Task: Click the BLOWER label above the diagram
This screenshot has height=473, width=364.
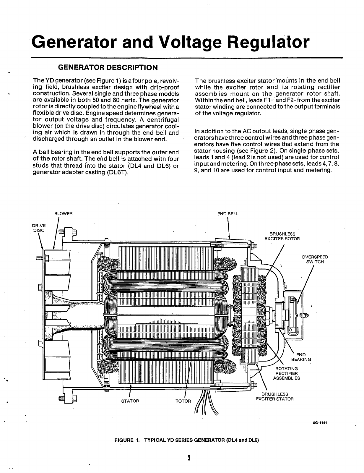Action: coord(63,213)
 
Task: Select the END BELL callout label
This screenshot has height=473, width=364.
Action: coord(228,213)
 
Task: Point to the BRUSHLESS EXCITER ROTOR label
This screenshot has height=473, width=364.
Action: coord(282,236)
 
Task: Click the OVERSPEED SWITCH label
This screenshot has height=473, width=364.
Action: coord(315,259)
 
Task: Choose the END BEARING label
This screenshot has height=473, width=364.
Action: coord(301,357)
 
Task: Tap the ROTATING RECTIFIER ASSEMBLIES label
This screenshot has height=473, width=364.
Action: coord(286,373)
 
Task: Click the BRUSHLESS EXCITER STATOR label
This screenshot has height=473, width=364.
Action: coord(275,396)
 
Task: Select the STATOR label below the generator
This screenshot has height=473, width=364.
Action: coord(130,401)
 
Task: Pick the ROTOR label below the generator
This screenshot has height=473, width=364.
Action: coord(183,401)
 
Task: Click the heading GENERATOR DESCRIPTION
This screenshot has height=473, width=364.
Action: coord(108,67)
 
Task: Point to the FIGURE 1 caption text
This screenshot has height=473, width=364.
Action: coord(186,440)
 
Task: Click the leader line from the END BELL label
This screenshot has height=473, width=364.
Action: coord(229,228)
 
